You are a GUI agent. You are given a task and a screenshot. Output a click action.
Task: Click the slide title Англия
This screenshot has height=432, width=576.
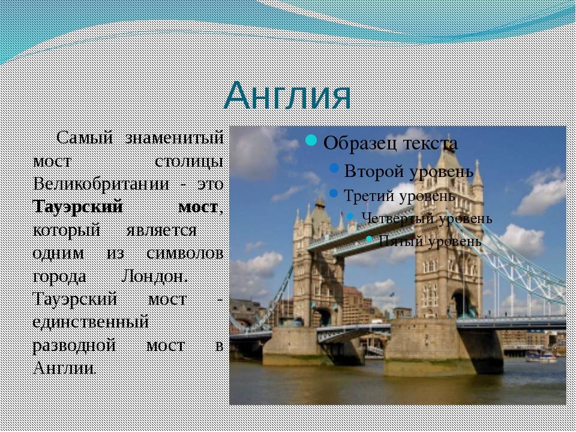287,96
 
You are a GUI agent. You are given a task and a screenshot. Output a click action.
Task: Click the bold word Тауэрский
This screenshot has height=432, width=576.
77,206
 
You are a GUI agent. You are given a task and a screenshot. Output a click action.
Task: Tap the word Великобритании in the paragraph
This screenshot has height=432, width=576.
101,184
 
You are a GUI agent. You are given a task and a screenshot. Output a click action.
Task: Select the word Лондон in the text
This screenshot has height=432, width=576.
154,276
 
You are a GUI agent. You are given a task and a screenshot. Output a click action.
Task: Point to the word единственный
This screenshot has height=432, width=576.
91,322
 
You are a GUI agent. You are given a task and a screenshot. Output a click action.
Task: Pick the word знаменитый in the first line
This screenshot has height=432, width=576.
175,138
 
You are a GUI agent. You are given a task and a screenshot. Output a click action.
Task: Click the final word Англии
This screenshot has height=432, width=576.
64,368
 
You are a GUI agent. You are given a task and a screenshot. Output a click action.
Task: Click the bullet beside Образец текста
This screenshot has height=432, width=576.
311,140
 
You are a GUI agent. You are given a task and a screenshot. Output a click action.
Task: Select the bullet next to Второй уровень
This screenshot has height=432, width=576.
334,168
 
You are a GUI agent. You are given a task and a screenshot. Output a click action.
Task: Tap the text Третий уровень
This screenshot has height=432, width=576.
400,196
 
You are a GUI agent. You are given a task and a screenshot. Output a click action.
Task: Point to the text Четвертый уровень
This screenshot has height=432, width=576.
427,218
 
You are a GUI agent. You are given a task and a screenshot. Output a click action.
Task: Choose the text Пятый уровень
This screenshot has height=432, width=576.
430,241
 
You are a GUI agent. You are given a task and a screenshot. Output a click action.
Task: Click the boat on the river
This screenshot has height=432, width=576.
541,356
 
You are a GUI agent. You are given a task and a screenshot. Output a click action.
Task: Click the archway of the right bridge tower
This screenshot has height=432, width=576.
463,304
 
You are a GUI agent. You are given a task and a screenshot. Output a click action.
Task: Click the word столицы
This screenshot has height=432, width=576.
189,161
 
